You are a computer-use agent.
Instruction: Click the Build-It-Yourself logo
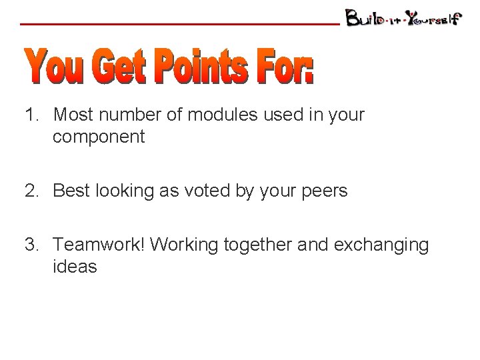click(x=403, y=18)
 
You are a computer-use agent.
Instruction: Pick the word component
click(x=99, y=137)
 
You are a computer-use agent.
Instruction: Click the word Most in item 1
click(x=73, y=115)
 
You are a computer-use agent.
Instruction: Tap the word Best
click(x=71, y=191)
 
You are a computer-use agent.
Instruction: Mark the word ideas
click(x=75, y=267)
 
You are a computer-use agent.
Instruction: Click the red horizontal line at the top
click(x=180, y=24)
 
